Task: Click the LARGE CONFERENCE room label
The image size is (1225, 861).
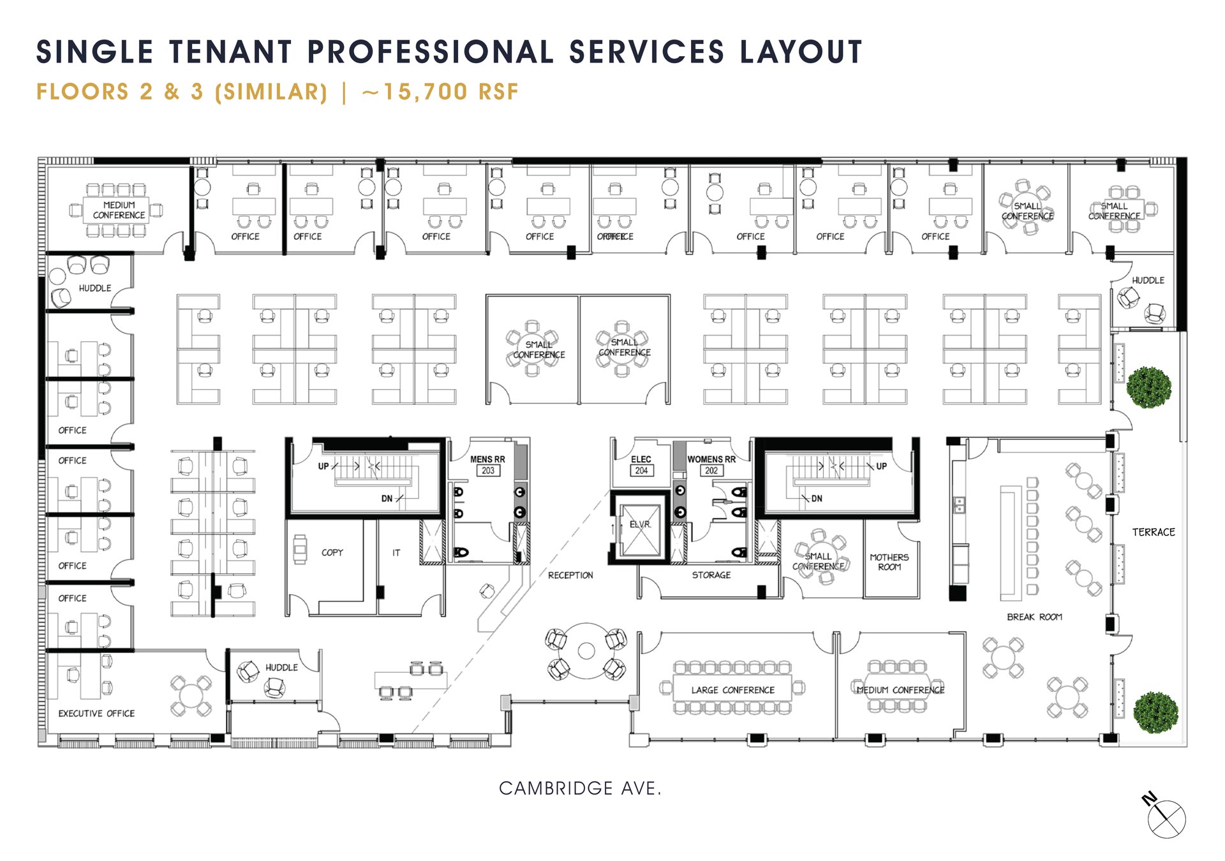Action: point(732,690)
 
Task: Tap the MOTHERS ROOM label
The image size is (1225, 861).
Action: point(889,562)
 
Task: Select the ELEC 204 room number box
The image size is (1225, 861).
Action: point(641,471)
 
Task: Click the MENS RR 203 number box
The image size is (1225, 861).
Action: point(488,471)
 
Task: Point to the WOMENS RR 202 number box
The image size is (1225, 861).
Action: point(711,471)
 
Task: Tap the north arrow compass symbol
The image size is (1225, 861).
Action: point(1166,818)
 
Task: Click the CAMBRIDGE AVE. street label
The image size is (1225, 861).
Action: point(579,789)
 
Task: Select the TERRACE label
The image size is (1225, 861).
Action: point(1153,532)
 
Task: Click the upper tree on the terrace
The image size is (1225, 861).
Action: point(1148,387)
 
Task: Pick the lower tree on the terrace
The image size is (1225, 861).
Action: point(1155,712)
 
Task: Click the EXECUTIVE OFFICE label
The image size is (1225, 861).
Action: point(96,714)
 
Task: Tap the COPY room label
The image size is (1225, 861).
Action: point(332,552)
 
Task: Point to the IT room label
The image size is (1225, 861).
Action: point(396,553)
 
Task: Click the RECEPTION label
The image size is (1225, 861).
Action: point(570,575)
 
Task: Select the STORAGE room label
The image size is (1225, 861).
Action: point(711,575)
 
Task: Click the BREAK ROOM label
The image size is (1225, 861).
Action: point(1034,617)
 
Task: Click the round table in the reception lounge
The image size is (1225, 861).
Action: point(586,651)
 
